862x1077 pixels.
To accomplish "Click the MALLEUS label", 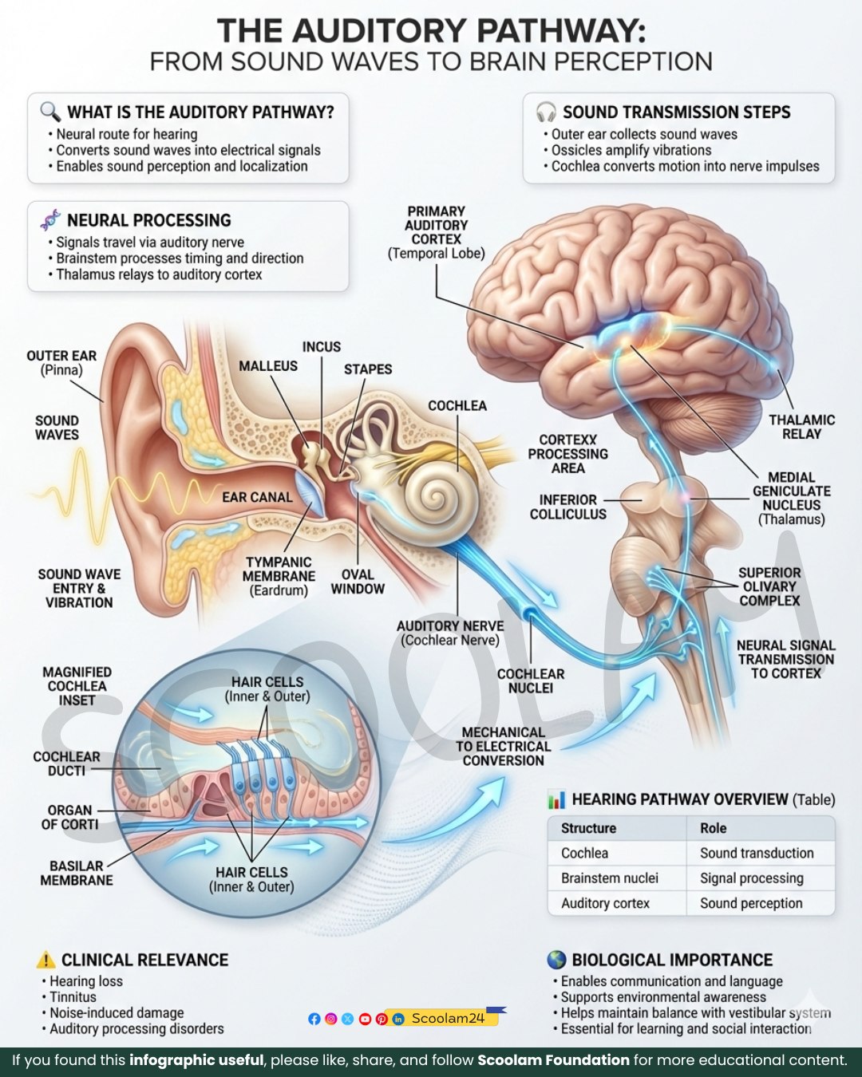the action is tap(268, 366).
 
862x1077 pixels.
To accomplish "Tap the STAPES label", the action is tap(368, 369).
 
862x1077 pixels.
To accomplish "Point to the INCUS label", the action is tap(321, 347).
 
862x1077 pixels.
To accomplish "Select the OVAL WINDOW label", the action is tap(358, 582).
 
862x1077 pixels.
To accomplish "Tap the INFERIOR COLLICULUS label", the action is tap(568, 507).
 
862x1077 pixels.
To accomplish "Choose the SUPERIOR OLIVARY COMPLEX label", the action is tap(769, 586).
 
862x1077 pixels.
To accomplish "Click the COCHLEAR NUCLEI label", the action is tap(531, 681).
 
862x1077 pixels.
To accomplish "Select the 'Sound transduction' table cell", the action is tap(757, 853).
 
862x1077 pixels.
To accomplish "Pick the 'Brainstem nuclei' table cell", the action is tap(610, 878).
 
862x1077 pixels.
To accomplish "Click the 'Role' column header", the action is tap(714, 828).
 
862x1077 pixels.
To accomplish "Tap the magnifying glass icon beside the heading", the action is tap(50, 112).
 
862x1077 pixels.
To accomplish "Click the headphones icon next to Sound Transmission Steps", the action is tap(545, 112).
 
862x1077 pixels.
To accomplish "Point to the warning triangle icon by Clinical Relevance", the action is tap(45, 960).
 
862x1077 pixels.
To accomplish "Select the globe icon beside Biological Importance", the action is tap(556, 960).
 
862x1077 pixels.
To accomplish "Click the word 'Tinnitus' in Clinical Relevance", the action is tap(73, 997).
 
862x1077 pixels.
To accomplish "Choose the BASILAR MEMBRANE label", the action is tap(76, 873).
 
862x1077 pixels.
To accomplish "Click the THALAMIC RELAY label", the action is tap(802, 427).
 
